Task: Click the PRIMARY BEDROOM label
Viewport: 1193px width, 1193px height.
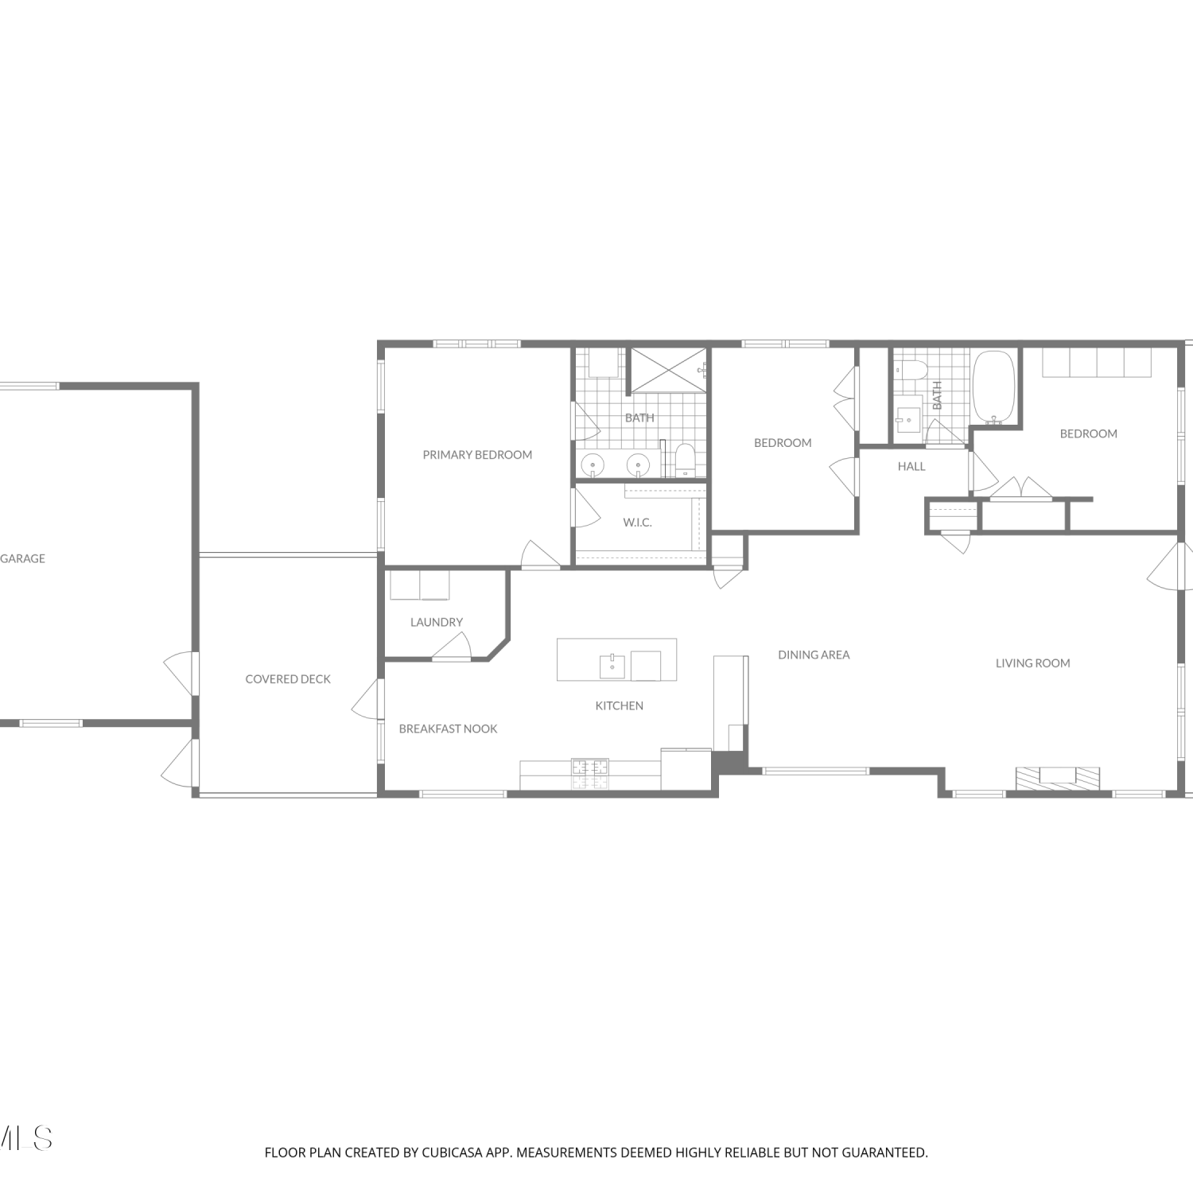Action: (x=477, y=455)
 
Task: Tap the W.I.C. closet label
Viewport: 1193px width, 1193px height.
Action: (x=637, y=523)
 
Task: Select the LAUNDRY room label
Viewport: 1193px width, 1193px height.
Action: (x=437, y=622)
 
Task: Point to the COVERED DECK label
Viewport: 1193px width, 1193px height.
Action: (x=288, y=679)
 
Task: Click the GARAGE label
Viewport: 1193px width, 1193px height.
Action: (x=22, y=558)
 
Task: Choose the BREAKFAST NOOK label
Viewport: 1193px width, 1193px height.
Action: (x=448, y=729)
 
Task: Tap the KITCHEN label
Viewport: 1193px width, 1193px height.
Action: (x=620, y=705)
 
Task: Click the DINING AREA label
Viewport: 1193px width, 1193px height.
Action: (x=814, y=655)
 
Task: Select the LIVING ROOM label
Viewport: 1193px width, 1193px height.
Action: (x=1033, y=663)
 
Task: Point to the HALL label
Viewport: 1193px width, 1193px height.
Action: (x=911, y=466)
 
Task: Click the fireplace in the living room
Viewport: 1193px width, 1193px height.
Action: (x=1058, y=778)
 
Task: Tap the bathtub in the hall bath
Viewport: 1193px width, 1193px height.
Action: (x=994, y=387)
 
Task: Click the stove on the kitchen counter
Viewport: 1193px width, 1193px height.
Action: (x=590, y=775)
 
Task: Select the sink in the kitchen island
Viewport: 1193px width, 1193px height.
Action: (x=612, y=666)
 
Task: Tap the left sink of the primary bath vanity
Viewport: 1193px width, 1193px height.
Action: (x=593, y=464)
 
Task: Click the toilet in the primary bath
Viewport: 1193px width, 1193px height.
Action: (x=685, y=460)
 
